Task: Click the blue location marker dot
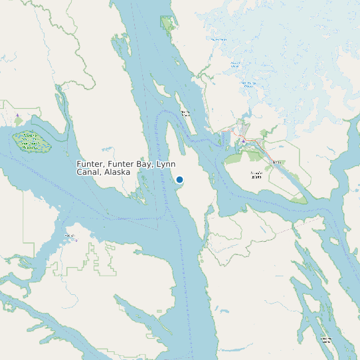point(179,179)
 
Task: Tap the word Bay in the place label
point(145,163)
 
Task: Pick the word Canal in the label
point(89,172)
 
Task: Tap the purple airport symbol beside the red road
point(244,141)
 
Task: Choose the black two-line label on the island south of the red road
point(256,174)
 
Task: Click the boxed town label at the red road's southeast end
point(277,162)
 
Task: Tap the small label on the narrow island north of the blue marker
point(185,113)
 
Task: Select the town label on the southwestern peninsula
point(70,236)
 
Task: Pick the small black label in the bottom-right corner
point(326,339)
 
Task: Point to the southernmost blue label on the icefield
point(248,84)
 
